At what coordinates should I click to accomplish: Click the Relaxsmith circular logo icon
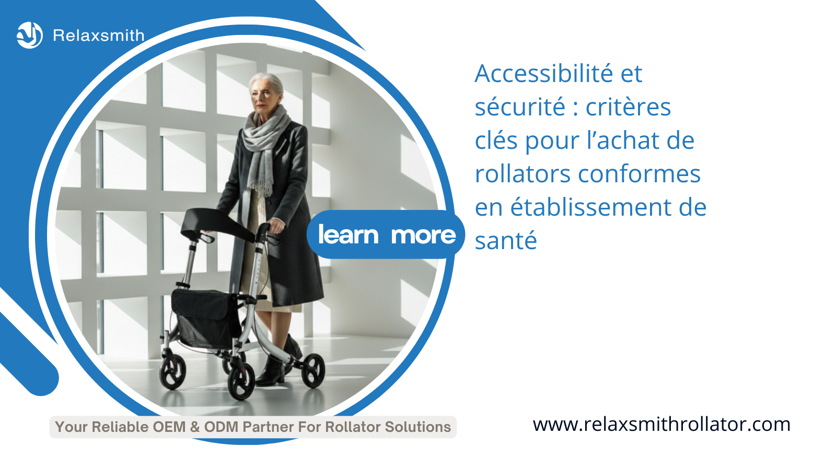pos(29,35)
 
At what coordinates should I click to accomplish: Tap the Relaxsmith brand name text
pos(99,36)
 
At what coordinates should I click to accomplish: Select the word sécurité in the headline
pos(520,107)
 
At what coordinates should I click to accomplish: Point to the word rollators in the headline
pos(523,174)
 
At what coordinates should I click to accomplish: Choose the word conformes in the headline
pos(640,174)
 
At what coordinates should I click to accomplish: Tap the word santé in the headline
pos(506,240)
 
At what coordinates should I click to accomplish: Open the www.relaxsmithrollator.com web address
pos(661,425)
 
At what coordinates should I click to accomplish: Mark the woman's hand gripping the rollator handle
pos(276,225)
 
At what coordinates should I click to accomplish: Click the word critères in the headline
pos(628,107)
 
